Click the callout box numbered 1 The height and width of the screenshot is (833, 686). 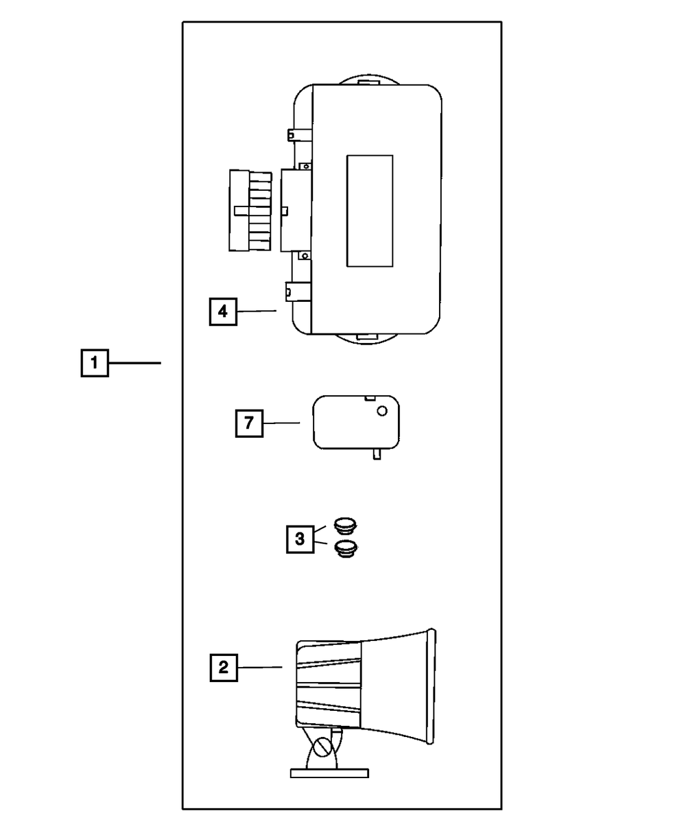click(94, 362)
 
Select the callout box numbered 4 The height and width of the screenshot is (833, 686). click(222, 312)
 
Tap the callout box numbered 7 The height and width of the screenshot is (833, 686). click(248, 423)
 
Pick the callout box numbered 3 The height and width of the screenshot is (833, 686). click(300, 539)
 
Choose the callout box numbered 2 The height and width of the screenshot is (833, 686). click(223, 667)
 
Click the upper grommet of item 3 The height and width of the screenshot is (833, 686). click(345, 526)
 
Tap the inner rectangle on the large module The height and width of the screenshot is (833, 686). click(370, 211)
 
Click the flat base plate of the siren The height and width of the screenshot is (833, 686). click(330, 773)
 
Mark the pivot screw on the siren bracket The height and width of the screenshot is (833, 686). click(320, 746)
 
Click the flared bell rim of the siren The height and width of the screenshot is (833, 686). click(431, 685)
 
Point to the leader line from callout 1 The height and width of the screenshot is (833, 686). click(134, 362)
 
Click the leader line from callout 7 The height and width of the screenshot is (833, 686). click(281, 423)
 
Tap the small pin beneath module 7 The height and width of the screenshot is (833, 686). click(377, 455)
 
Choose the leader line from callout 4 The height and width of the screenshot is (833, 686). click(256, 312)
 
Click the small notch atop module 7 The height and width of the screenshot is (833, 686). click(370, 397)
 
